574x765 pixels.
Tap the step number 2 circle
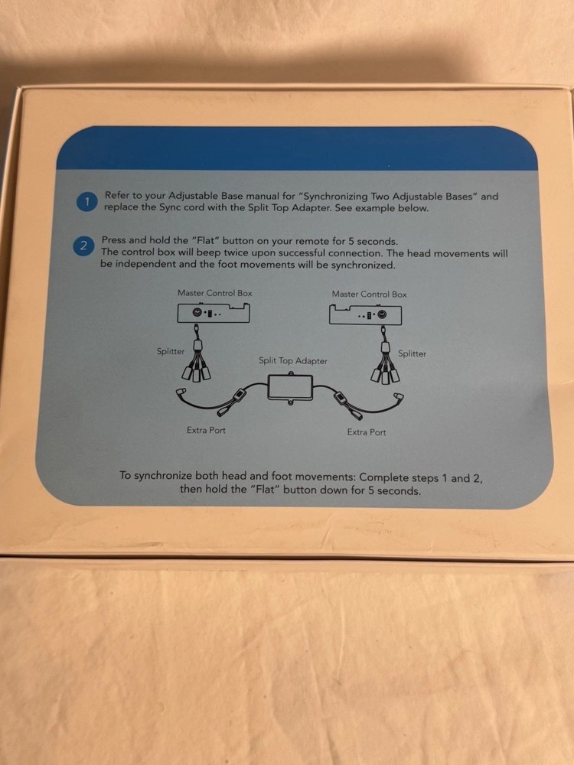(x=83, y=246)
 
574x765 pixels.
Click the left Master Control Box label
(x=215, y=293)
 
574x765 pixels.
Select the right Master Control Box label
(x=369, y=295)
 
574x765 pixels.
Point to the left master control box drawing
(x=214, y=313)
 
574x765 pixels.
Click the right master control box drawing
(x=366, y=314)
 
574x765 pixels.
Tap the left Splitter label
(x=171, y=351)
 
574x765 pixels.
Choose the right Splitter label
(x=412, y=353)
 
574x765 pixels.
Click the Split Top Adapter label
(x=293, y=361)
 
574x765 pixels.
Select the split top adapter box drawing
(x=290, y=387)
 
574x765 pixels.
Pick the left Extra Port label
(x=206, y=430)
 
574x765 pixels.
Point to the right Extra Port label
(x=366, y=431)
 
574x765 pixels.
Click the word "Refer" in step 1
(x=116, y=195)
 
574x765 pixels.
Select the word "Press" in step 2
(x=114, y=240)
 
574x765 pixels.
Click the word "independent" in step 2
(x=145, y=265)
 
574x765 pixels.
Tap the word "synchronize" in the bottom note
(x=163, y=476)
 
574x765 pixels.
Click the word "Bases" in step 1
(x=460, y=197)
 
